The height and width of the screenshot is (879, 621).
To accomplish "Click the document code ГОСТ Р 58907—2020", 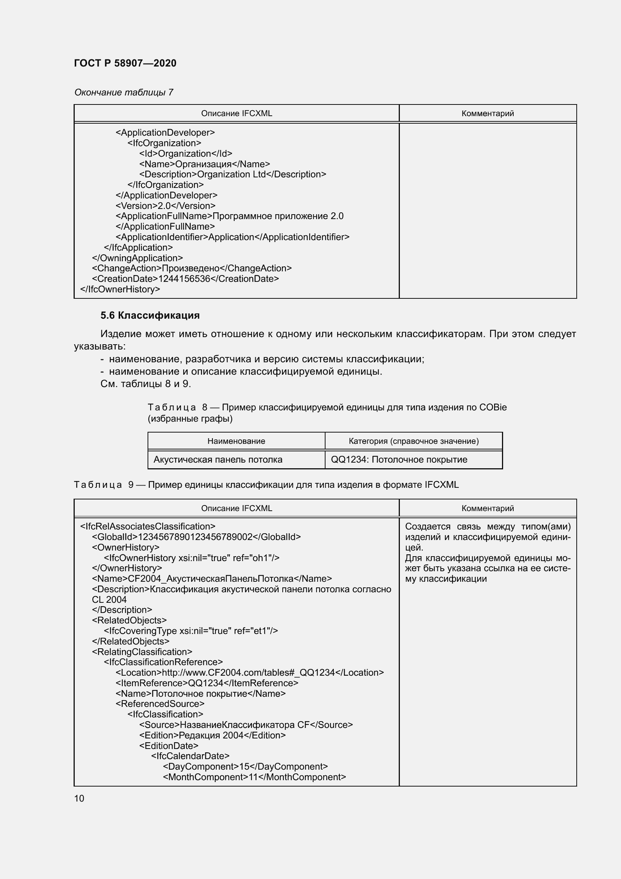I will [x=125, y=63].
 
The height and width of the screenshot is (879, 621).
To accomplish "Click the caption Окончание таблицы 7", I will [x=124, y=92].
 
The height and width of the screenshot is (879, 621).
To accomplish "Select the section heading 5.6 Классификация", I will [x=150, y=315].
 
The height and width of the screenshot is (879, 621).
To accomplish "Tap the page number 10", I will [x=79, y=798].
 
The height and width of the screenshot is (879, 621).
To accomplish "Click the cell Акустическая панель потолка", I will [x=218, y=459].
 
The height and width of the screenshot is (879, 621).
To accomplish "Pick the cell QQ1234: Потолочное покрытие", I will [x=399, y=459].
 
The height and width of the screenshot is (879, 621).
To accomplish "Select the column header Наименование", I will [x=236, y=441].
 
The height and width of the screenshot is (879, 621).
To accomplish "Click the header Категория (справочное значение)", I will [x=413, y=441].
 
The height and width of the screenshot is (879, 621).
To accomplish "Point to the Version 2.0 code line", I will [x=165, y=206].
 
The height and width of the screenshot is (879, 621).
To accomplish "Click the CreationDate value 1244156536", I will [x=184, y=279].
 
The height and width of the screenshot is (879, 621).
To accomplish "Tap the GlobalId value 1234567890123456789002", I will [x=195, y=537].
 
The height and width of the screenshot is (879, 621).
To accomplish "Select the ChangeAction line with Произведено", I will [x=191, y=268].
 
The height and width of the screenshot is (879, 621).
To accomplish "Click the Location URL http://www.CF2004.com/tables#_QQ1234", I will [x=249, y=672].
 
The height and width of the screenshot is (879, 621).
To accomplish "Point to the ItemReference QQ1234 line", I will [x=206, y=683].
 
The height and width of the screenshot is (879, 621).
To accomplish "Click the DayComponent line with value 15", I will [x=245, y=766].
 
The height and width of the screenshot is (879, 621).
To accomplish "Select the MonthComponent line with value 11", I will [x=254, y=777].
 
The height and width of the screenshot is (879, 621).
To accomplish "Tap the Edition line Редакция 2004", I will [x=212, y=735].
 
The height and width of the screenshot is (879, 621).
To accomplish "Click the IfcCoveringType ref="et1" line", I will [x=190, y=631].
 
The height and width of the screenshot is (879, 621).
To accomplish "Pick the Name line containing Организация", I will [x=204, y=164].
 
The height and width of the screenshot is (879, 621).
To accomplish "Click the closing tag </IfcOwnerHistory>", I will [x=120, y=289].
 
